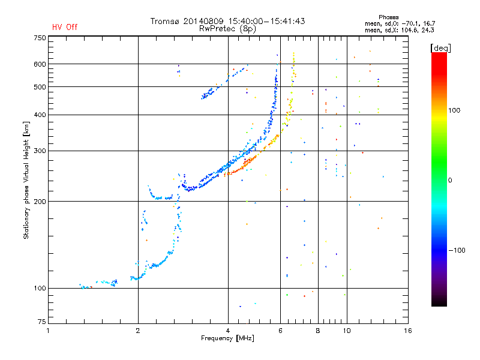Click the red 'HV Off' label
65,27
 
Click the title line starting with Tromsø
227,21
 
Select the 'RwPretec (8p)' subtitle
227,28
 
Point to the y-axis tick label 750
40,37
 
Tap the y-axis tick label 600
40,64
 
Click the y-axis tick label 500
40,87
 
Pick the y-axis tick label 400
40,115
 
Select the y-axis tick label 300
40,151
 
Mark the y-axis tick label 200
40,201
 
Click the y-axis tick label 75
41,324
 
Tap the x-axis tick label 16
408,331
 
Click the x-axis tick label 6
280,331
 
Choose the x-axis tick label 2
138,331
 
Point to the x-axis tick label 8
317,331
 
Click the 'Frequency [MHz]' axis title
227,339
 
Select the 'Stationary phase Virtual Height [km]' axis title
26,180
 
